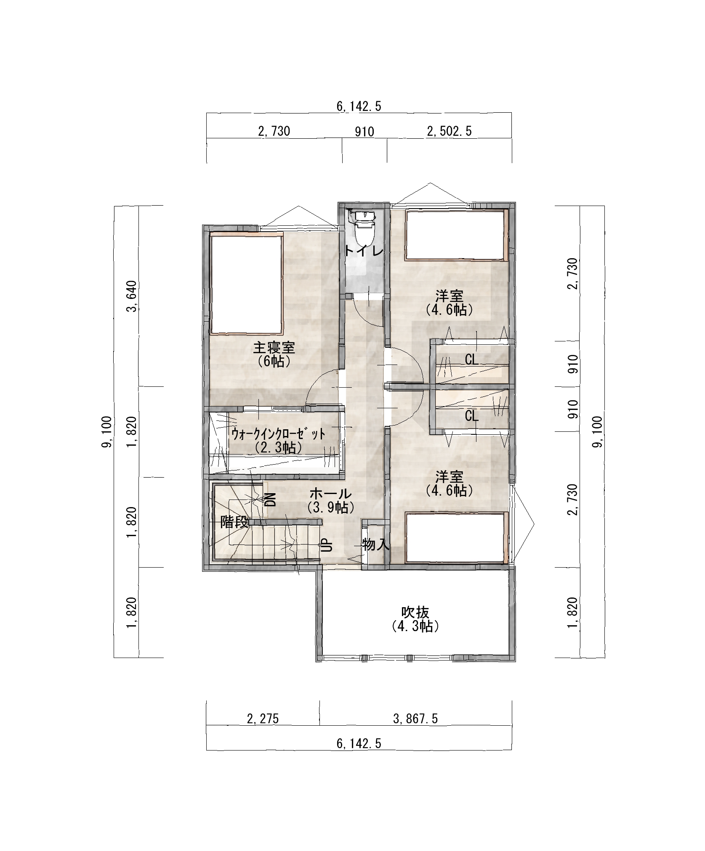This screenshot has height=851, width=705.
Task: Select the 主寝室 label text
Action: point(274,348)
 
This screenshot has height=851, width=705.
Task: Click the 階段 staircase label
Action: point(235,523)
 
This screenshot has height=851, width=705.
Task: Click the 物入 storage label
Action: point(375,545)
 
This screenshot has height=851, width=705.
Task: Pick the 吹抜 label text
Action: point(415,612)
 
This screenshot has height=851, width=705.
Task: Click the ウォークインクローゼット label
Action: point(278,433)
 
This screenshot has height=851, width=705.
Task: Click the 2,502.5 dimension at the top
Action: point(449,131)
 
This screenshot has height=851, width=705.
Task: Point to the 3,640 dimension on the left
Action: point(134,296)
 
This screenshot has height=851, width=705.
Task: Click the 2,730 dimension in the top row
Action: point(274,131)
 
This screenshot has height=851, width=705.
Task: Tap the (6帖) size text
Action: point(274,361)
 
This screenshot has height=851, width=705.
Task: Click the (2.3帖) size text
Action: point(278,447)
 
